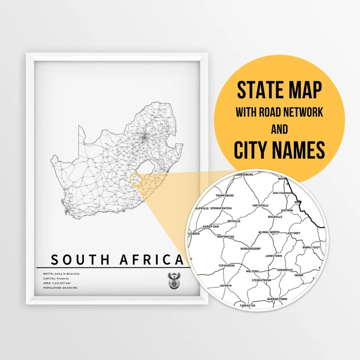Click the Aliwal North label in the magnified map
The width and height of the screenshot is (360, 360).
pos(268,232)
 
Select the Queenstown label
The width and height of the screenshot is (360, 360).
pos(277,299)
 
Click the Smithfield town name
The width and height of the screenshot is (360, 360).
pos(260,205)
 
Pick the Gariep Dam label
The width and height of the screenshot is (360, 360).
pos(211,226)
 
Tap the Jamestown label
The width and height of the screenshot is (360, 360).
pos(274,256)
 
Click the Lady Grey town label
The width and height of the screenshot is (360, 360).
pos(293,233)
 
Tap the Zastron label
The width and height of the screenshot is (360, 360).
pos(287,211)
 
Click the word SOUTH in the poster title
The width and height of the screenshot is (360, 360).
pos(80,260)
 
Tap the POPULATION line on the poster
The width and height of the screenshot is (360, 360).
pos(60,288)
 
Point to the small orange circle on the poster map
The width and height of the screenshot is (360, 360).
pos(136,180)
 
